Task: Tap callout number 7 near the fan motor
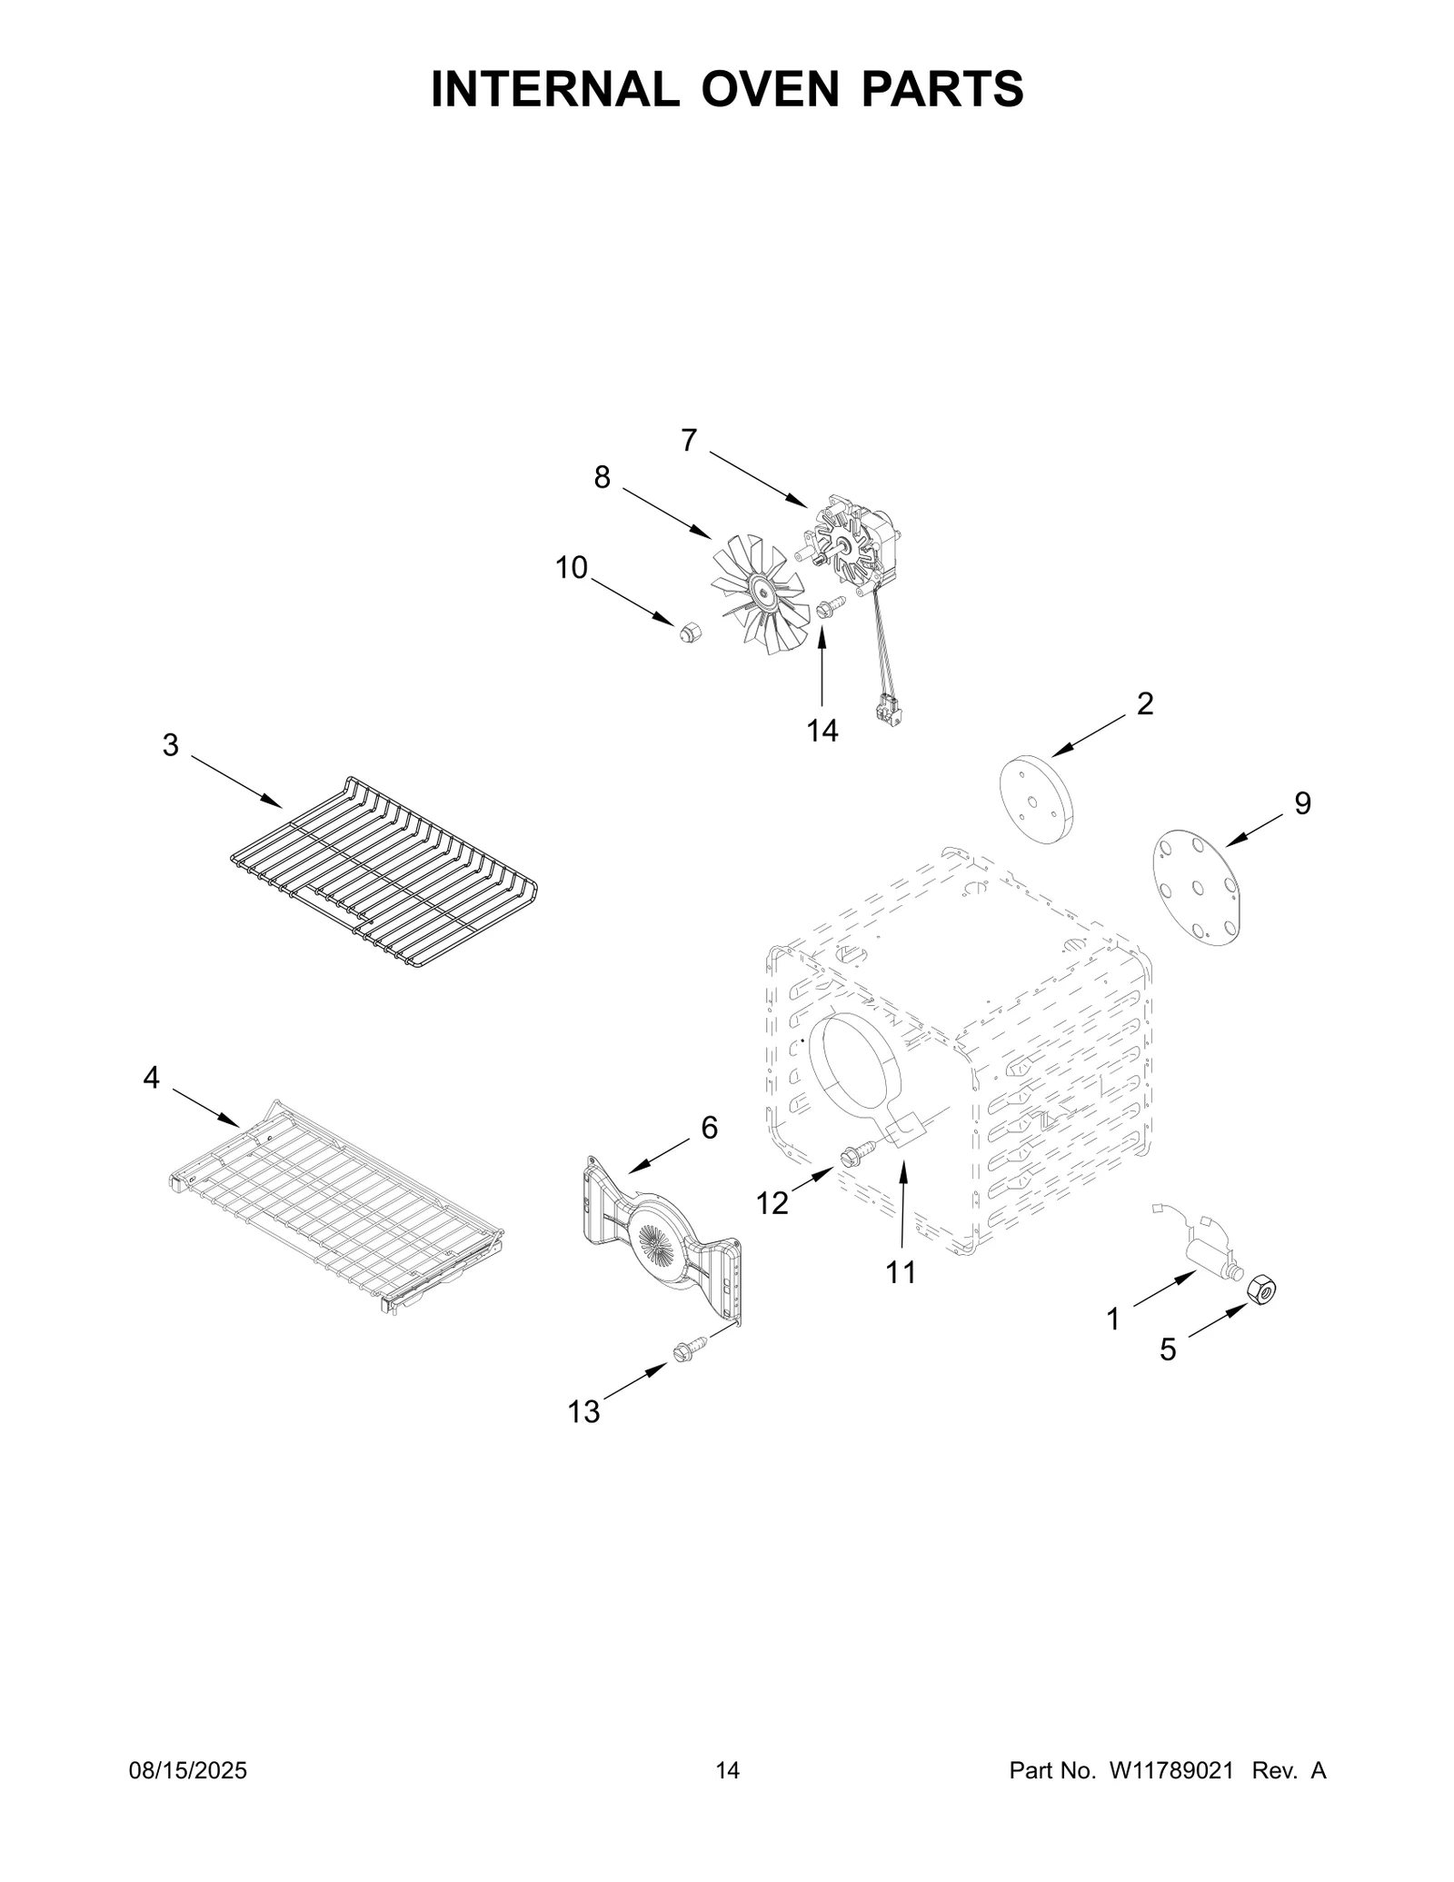689,441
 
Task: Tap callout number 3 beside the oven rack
171,745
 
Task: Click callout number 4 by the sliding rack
151,1078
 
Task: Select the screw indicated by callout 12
856,1153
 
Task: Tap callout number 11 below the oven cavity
901,1273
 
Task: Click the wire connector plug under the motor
886,710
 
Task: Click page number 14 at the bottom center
727,1797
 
